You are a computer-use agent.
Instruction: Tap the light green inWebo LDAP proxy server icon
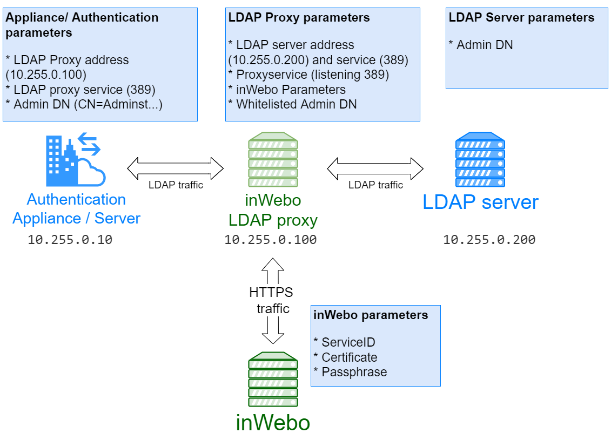[273, 159]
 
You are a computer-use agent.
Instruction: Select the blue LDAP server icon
[480, 159]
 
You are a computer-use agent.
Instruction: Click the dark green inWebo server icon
[273, 380]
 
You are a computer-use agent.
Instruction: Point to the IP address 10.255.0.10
[70, 240]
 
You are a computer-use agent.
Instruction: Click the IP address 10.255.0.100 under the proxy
[270, 240]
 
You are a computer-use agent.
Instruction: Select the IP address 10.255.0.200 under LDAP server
[489, 240]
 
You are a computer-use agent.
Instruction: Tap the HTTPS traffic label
[272, 301]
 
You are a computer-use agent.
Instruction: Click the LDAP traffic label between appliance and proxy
[176, 185]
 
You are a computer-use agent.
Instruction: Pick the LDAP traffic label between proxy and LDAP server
[375, 185]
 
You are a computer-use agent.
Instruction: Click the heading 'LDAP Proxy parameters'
[299, 18]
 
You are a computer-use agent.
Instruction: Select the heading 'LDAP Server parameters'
[521, 18]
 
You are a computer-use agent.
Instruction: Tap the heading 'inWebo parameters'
[371, 315]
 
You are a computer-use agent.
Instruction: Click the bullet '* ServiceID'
[344, 342]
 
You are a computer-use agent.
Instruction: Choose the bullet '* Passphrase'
[350, 372]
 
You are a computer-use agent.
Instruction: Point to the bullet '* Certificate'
[345, 357]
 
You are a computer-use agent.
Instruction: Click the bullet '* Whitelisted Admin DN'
[292, 104]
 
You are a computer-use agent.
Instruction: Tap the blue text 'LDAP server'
[480, 202]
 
